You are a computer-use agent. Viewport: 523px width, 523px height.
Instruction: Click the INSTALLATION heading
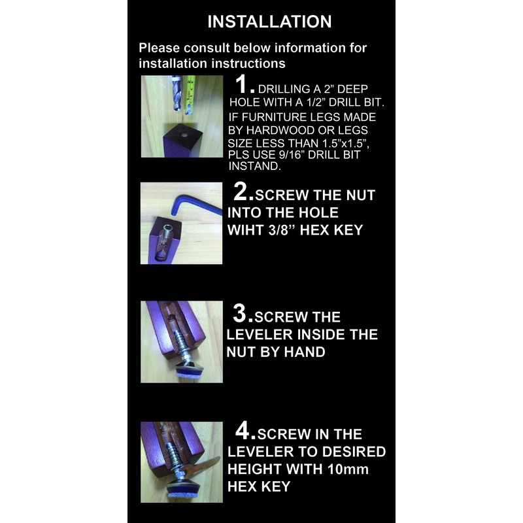pyautogui.click(x=269, y=22)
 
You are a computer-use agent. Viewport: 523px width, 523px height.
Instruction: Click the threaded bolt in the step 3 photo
pyautogui.click(x=182, y=344)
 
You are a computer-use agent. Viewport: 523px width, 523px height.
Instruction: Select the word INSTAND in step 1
pyautogui.click(x=254, y=166)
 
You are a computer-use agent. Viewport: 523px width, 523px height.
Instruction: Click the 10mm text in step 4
pyautogui.click(x=348, y=469)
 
